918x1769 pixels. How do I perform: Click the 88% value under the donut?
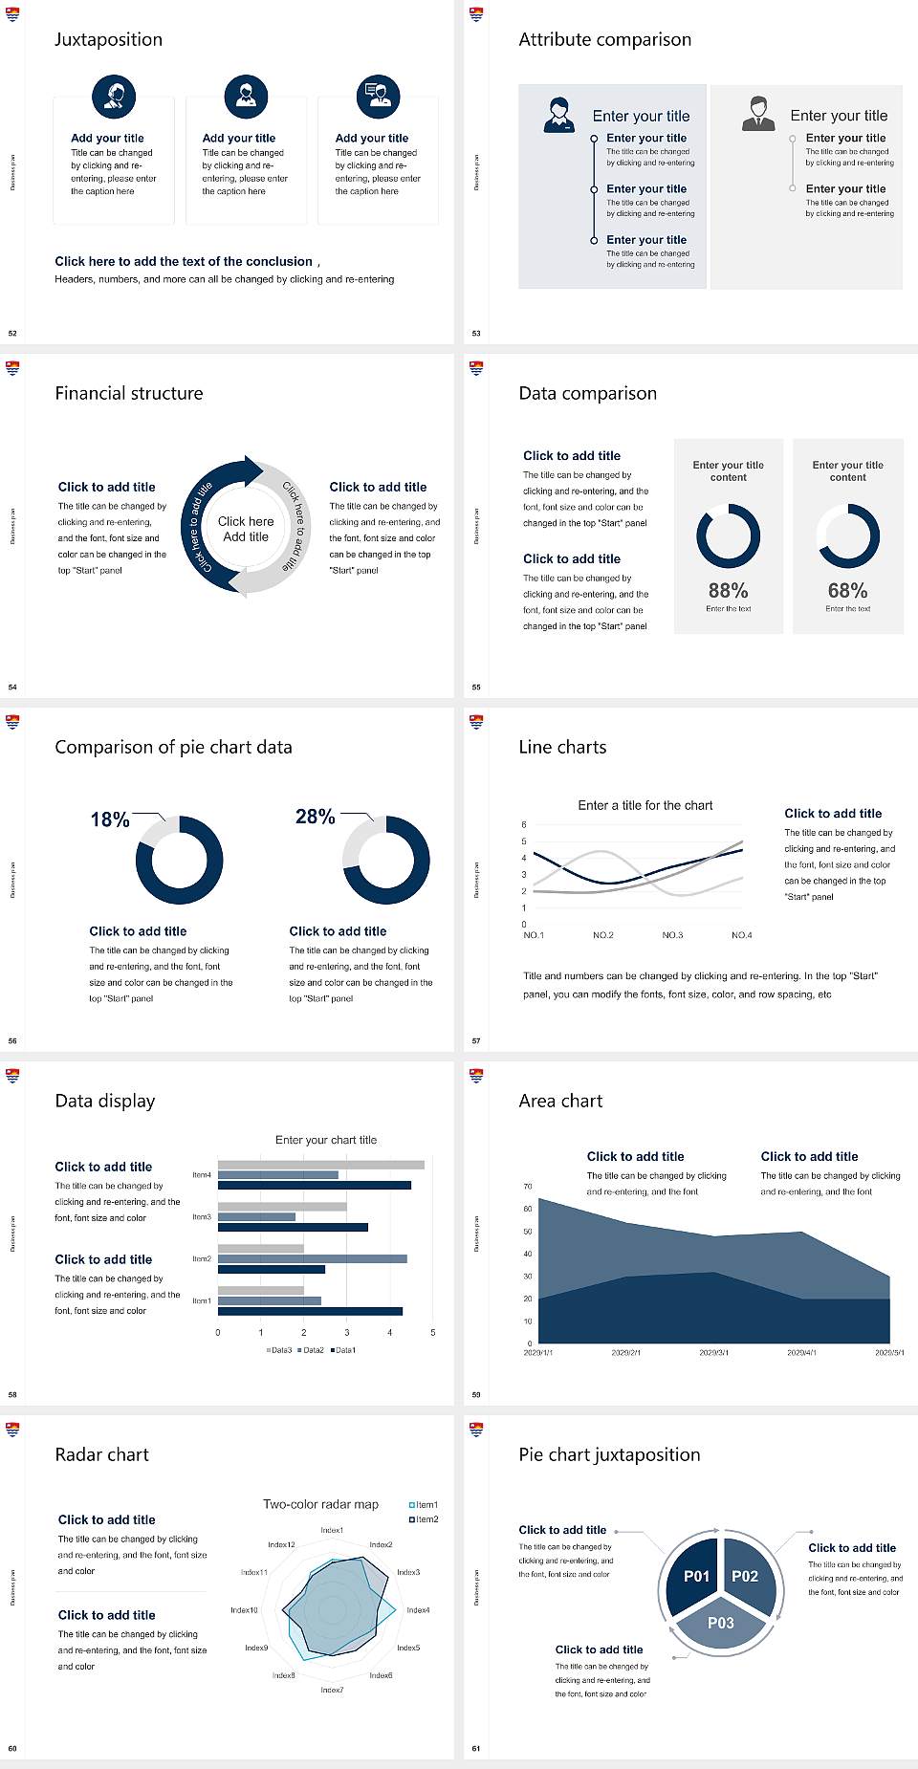click(728, 591)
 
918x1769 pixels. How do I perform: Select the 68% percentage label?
click(847, 591)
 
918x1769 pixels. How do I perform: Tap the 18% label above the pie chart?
click(110, 819)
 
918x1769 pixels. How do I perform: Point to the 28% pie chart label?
click(315, 817)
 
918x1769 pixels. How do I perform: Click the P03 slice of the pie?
click(721, 1623)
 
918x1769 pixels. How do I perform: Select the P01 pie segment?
click(696, 1576)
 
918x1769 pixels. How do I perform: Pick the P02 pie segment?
click(745, 1576)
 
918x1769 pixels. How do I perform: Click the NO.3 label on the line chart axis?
click(672, 935)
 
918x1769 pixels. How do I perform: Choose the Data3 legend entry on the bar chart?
click(279, 1350)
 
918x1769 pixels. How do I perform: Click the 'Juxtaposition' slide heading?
click(108, 39)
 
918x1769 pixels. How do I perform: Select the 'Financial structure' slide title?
click(129, 393)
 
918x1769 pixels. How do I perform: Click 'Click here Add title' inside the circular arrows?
click(246, 529)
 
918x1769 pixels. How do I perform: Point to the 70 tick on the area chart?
click(528, 1187)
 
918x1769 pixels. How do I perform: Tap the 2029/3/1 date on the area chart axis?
click(713, 1353)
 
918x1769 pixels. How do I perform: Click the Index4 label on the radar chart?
click(418, 1610)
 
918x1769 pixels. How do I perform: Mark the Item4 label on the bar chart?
click(202, 1175)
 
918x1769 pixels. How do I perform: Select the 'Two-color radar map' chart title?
click(320, 1504)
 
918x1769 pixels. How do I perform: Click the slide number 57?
click(476, 1041)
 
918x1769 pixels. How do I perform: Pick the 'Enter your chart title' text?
click(326, 1140)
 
